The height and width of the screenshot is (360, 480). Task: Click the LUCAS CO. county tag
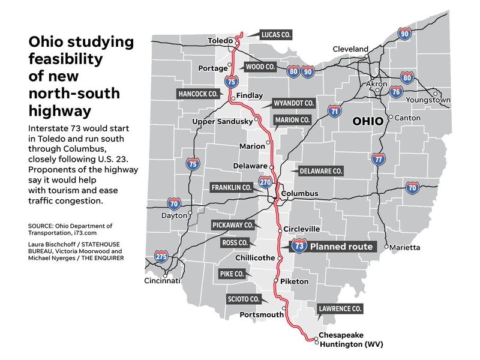point(276,35)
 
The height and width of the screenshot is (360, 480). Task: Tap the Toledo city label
point(219,41)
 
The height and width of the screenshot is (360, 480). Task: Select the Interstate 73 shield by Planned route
point(299,246)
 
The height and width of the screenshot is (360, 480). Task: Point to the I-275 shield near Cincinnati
point(161,257)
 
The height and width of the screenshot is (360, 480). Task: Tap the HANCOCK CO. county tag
point(198,94)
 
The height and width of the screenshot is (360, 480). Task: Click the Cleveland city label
point(350,49)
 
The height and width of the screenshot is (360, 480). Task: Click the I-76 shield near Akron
point(395,92)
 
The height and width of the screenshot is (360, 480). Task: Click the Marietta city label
point(405,247)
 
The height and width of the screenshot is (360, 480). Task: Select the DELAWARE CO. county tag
point(320,171)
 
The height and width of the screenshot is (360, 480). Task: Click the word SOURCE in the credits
point(43,225)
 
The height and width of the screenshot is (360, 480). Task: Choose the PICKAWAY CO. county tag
point(233,225)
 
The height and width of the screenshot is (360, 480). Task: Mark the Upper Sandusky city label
point(221,122)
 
